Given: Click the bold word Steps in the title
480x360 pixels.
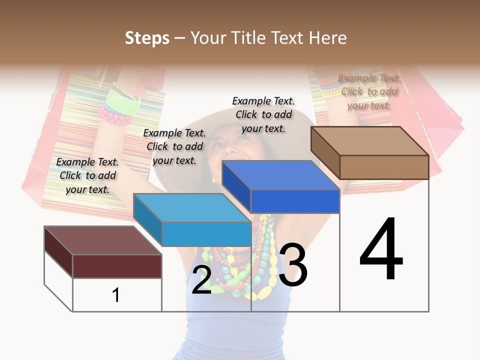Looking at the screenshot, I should tap(147, 38).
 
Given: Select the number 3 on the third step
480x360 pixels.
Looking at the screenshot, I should tap(293, 265).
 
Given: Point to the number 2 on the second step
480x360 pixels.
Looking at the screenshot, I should tap(201, 280).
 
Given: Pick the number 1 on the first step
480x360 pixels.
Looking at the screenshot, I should tap(116, 295).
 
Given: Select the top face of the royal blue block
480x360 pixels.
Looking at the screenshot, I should tap(280, 175).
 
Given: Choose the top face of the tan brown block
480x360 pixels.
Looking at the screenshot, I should tap(370, 140).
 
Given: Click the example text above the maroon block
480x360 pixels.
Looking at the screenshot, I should tap(87, 175).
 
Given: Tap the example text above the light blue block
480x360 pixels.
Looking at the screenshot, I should tap(174, 146).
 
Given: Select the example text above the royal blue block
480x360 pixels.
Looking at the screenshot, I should tap(263, 114).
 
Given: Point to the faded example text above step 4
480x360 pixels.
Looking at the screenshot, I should tap(369, 91).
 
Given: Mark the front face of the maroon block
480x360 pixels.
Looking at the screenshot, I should tap(117, 266).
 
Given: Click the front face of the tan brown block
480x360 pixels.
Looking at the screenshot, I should tap(384, 167).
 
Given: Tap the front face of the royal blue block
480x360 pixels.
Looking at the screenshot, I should tap(295, 201).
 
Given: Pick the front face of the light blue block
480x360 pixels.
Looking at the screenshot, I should tap(206, 234).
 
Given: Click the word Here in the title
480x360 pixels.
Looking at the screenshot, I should tap(328, 38).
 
